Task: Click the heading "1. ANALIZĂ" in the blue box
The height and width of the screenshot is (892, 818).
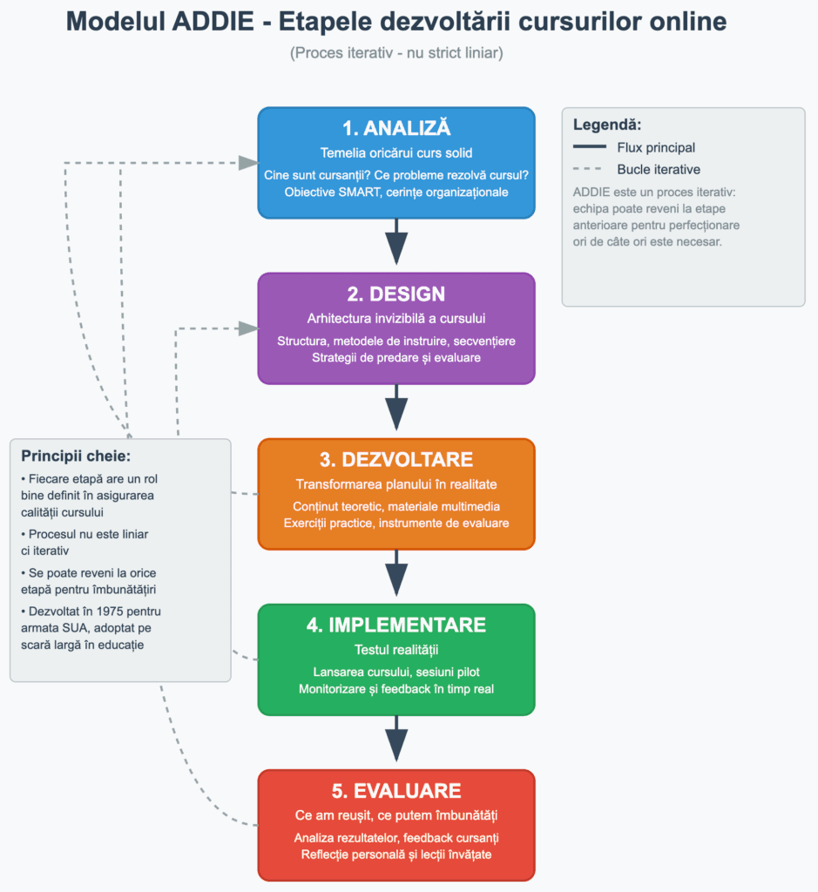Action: click(396, 129)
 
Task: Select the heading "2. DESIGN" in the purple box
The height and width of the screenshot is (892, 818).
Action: click(396, 294)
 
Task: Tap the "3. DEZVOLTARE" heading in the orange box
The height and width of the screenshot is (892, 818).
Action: click(396, 460)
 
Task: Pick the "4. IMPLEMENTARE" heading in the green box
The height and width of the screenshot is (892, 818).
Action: click(396, 625)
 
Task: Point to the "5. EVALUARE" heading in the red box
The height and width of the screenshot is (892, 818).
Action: click(396, 791)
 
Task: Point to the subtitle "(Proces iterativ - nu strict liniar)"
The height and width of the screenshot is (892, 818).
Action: click(396, 53)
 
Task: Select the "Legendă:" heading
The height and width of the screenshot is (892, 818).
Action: click(607, 125)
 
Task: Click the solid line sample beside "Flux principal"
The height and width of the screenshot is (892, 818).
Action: click(590, 148)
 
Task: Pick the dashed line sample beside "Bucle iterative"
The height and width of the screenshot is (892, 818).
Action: click(590, 170)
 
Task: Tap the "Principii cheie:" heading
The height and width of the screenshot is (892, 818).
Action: click(76, 456)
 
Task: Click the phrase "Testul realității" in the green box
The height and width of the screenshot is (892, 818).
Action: click(396, 649)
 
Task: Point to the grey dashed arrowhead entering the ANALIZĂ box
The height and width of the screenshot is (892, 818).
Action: click(249, 162)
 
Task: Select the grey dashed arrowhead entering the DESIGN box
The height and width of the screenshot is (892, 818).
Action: click(249, 328)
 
